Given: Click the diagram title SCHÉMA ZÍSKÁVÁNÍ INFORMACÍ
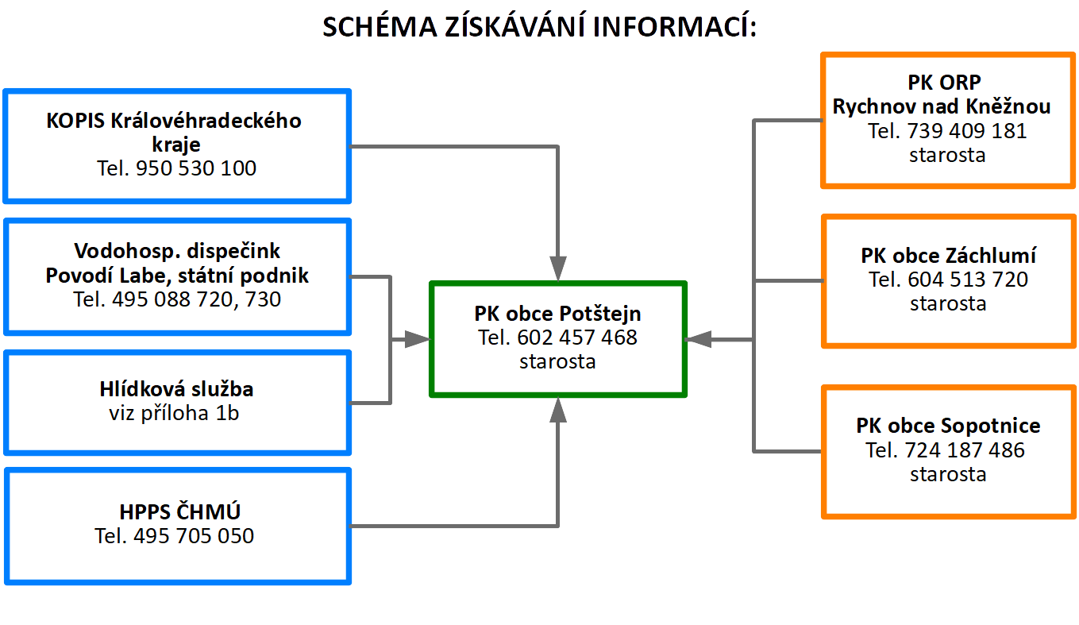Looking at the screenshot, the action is tap(540, 26).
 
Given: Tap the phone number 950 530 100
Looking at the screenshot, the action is tap(196, 168).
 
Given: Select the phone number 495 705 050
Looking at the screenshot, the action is tap(194, 536).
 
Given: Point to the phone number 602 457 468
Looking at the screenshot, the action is tap(577, 338).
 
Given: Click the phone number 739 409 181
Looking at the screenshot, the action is tap(967, 131).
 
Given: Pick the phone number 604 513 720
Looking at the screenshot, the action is tap(968, 280).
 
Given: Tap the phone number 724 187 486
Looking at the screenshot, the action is tap(965, 450).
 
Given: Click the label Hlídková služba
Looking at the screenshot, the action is tap(176, 389).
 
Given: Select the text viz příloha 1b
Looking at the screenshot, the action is tap(174, 413).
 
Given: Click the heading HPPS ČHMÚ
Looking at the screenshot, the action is tap(179, 511).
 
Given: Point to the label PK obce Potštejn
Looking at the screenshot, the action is tap(558, 314).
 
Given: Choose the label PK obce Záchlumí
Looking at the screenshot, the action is tap(949, 256).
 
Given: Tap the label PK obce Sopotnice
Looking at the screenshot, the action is tap(948, 426).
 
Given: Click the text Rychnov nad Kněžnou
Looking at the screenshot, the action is tap(942, 106).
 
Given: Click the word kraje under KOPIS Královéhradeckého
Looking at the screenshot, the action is tap(176, 145).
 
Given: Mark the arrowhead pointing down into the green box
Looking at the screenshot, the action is tap(558, 268).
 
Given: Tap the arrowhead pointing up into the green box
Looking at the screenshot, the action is tap(558, 410).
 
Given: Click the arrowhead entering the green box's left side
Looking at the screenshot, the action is tap(417, 339).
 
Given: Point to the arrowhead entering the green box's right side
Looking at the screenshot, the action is tap(698, 339).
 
